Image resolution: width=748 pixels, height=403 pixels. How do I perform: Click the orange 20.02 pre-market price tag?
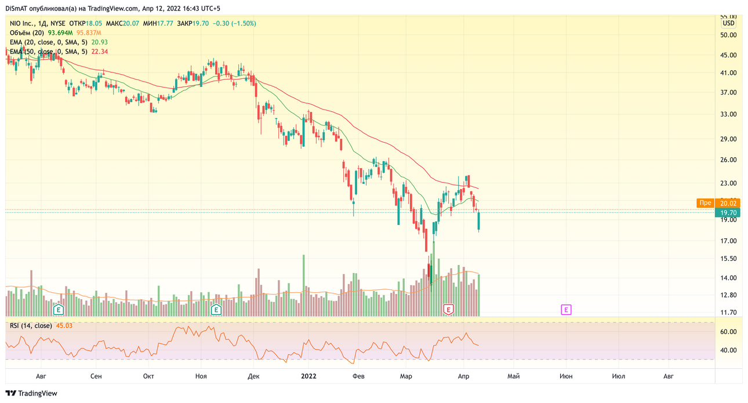(x=728, y=204)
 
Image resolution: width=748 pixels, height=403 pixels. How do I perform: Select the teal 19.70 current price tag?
(x=728, y=213)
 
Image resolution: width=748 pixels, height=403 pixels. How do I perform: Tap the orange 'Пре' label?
(x=705, y=203)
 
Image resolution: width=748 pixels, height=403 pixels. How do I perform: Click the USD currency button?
(x=729, y=23)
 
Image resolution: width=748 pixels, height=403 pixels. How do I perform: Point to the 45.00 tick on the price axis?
(x=728, y=55)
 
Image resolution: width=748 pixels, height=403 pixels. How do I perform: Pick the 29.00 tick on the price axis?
(x=728, y=139)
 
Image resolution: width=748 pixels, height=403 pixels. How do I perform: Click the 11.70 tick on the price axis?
(x=728, y=313)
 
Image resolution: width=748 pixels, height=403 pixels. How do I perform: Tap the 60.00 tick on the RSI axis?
(x=728, y=332)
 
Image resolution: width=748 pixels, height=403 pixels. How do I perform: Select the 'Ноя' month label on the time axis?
(x=201, y=376)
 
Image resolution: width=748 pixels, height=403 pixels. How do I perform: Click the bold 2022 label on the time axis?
(x=308, y=376)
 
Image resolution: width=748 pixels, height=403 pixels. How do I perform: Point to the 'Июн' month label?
(x=566, y=376)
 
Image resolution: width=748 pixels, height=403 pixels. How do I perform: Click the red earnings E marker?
(x=448, y=310)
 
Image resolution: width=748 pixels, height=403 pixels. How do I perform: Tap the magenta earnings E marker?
(x=566, y=310)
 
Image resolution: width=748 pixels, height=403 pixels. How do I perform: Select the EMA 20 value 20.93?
(x=100, y=42)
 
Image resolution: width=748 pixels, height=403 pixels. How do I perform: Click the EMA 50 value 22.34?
(x=100, y=52)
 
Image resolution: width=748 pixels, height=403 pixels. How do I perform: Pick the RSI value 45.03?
(x=64, y=325)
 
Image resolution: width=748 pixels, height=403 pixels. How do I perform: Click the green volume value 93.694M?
(x=60, y=32)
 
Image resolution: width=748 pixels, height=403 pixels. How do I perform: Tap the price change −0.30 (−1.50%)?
(x=234, y=23)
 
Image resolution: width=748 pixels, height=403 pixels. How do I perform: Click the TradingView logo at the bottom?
(x=31, y=393)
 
